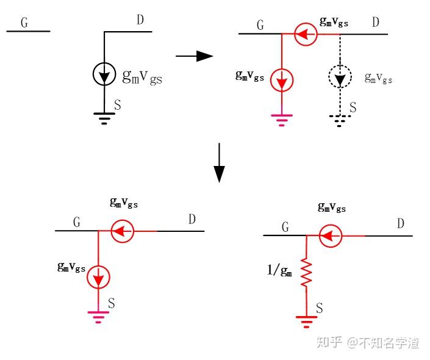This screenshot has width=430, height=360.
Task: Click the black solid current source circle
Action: [104, 75]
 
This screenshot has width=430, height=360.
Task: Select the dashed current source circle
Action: [340, 76]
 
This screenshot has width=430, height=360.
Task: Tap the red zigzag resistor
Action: [306, 273]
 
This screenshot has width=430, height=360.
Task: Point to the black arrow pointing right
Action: [194, 57]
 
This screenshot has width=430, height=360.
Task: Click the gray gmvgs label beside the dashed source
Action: [379, 77]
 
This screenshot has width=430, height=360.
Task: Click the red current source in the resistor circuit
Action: [331, 236]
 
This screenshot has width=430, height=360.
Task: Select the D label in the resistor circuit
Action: [400, 224]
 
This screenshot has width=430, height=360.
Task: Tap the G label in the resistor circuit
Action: [285, 227]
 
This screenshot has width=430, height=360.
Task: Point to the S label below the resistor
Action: [319, 309]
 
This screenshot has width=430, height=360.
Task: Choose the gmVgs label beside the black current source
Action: [142, 77]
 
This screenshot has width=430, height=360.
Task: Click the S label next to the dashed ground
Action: [353, 108]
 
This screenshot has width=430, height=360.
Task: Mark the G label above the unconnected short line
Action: [24, 23]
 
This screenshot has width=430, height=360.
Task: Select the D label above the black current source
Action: [140, 21]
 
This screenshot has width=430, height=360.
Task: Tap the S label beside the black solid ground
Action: [117, 106]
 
